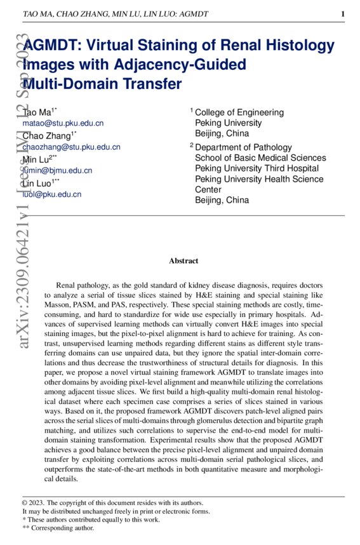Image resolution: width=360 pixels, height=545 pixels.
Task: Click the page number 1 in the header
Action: pos(343,14)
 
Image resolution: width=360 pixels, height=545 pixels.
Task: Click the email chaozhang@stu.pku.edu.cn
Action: pos(71,147)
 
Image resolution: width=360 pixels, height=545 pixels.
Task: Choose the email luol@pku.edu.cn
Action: pos(51,194)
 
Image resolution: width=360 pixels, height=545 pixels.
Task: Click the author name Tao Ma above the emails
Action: pos(39,112)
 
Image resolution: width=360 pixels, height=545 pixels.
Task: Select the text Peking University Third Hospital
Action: pos(257,168)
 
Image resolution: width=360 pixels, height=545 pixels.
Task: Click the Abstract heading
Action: pos(183,261)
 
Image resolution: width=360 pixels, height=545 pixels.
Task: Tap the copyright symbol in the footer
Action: pos(25,502)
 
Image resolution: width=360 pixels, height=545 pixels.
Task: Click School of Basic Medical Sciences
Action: pos(260,158)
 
